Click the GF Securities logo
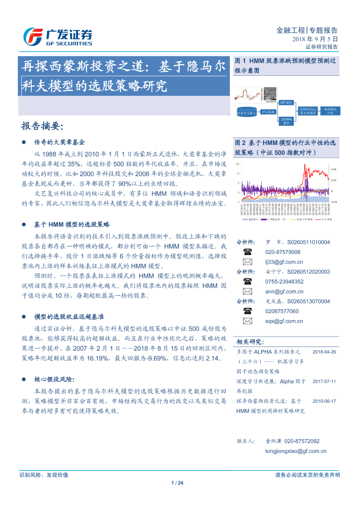(57, 37)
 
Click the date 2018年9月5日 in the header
(315, 39)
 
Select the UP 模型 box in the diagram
(286, 103)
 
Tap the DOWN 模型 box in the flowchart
(286, 121)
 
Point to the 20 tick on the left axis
(237, 164)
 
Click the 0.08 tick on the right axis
(333, 169)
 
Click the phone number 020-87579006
(283, 252)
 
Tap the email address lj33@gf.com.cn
(284, 262)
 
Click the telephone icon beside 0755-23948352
(247, 282)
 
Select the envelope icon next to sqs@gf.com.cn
(247, 321)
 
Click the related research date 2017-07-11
(324, 381)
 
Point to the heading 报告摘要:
(42, 126)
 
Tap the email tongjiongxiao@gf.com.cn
(296, 451)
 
